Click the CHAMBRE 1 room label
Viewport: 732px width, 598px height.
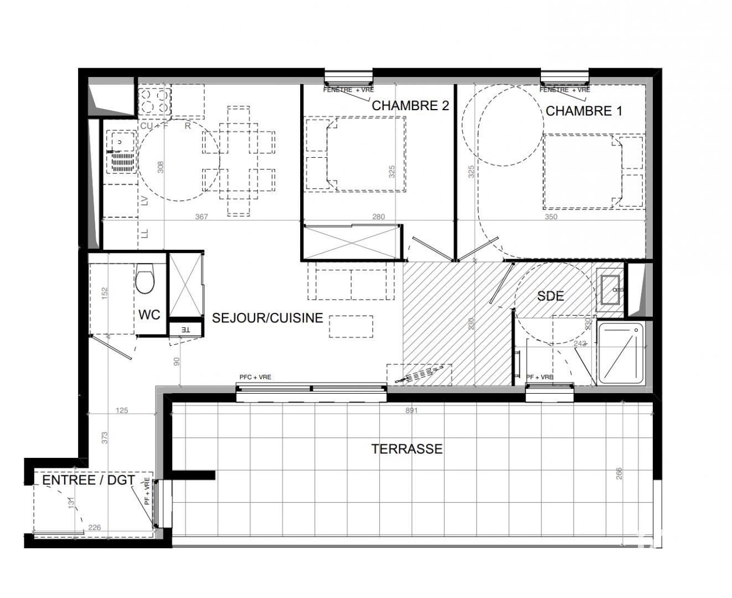(584, 111)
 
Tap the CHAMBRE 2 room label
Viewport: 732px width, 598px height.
(410, 105)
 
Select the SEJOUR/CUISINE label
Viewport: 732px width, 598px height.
(267, 318)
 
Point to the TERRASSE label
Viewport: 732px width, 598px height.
(407, 448)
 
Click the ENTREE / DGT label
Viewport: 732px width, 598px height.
(89, 480)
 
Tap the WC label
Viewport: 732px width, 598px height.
(149, 315)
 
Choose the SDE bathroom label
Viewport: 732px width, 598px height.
(550, 296)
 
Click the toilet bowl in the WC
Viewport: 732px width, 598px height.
(145, 281)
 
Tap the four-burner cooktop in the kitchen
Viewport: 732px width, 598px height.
(153, 101)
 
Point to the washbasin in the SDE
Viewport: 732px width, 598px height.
(611, 289)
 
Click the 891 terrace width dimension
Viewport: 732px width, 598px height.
(411, 411)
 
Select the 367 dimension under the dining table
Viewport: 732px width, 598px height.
(202, 217)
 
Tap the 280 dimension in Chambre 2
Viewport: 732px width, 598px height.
(378, 217)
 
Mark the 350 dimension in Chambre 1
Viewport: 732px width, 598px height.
(550, 217)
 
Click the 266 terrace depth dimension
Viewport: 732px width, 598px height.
(619, 474)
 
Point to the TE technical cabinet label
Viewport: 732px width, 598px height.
(185, 330)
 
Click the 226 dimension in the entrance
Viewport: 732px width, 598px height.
(95, 528)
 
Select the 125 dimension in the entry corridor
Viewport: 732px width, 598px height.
(122, 411)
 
